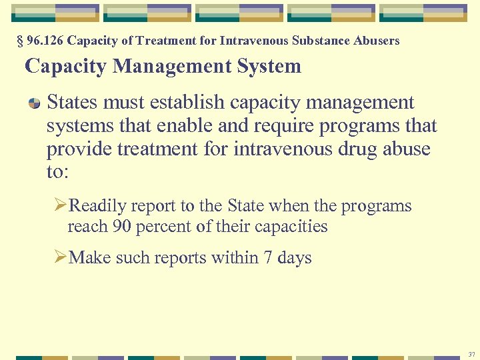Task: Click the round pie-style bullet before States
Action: click(35, 103)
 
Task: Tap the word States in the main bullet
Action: click(72, 103)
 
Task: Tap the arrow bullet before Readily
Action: click(61, 205)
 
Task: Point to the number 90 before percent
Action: click(122, 226)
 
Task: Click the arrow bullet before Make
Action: click(61, 257)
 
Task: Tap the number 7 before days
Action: click(269, 257)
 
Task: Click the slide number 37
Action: click(471, 353)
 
